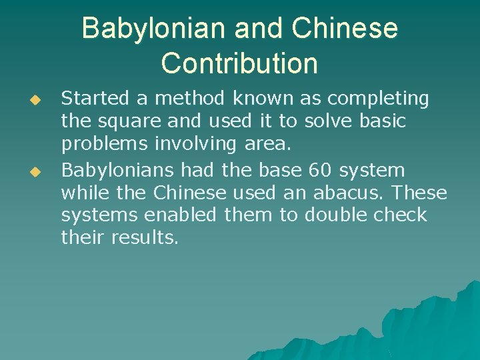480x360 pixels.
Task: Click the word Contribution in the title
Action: pyautogui.click(x=239, y=63)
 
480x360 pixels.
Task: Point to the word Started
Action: pyautogui.click(x=96, y=99)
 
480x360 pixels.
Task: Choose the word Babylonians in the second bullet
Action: pyautogui.click(x=117, y=170)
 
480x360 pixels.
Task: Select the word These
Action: pyautogui.click(x=420, y=193)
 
